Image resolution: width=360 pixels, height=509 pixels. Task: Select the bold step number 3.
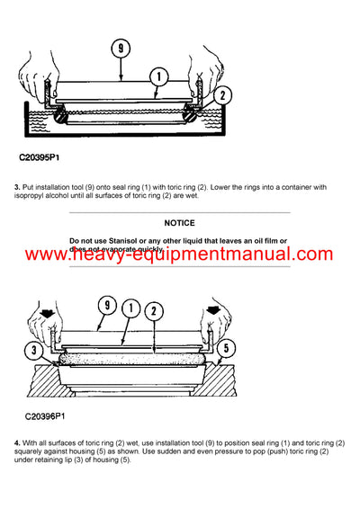coord(17,186)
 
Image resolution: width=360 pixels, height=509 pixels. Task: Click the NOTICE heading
coord(180,222)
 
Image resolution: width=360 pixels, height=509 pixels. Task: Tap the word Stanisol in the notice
coord(121,241)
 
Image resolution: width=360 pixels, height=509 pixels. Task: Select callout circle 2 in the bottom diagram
coord(154,311)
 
